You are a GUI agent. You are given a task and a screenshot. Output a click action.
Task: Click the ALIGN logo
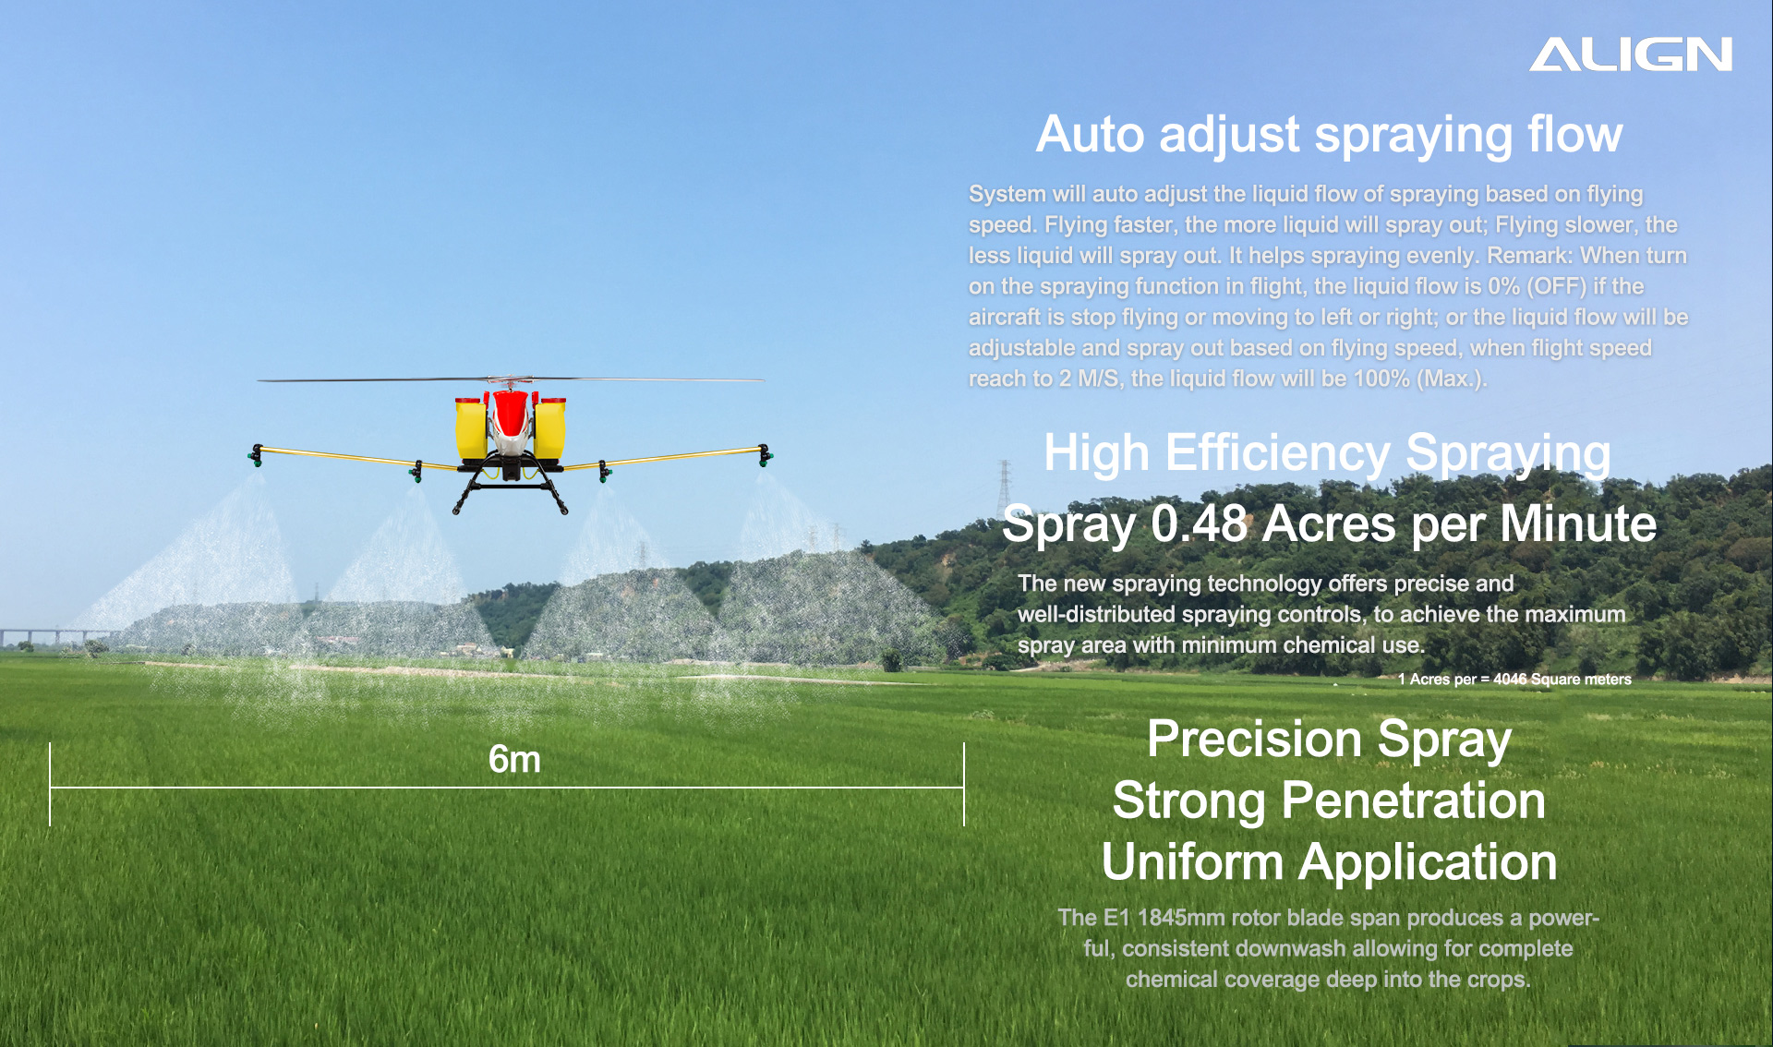[x=1631, y=54]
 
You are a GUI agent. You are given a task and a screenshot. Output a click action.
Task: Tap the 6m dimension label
[x=514, y=760]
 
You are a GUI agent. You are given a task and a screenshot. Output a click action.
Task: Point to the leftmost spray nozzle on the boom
[x=256, y=455]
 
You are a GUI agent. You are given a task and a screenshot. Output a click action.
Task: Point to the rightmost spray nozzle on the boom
[x=765, y=455]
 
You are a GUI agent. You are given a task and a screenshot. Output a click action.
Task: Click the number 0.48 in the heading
[x=1199, y=523]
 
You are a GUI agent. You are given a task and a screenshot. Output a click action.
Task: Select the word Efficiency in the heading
[x=1277, y=453]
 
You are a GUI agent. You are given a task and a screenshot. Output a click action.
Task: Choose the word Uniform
[x=1192, y=861]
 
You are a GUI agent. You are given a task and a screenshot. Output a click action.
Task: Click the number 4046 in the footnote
[x=1510, y=680]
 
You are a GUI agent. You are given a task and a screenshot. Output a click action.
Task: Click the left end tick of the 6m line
[x=50, y=784]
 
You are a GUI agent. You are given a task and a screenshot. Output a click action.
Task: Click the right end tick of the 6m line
[x=964, y=784]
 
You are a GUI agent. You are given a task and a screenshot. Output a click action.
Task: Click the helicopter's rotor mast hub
[x=509, y=381]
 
